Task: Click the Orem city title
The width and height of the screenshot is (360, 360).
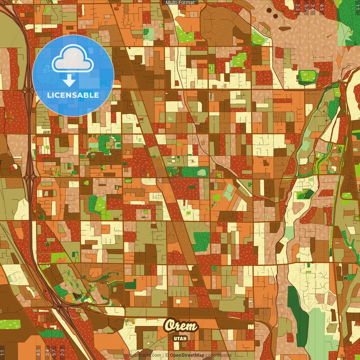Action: click(181, 326)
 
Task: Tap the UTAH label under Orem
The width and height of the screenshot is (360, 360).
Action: click(180, 338)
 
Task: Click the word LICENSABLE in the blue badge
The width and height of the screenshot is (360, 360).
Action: click(73, 95)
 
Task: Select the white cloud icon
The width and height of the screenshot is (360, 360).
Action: click(73, 60)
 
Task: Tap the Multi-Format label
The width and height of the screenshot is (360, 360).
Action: click(180, 3)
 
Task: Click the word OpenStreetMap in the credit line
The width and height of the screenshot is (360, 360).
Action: click(187, 355)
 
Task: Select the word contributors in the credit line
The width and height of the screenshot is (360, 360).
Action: click(218, 355)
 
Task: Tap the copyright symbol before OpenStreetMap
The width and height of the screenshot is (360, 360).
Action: click(167, 355)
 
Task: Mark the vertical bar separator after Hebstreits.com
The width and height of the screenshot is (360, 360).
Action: click(163, 355)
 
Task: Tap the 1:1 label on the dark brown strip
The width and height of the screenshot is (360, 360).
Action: click(2, 352)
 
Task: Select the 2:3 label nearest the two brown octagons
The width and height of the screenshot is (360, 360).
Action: click(298, 7)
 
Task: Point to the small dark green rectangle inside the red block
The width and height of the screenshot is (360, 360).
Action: click(192, 187)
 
